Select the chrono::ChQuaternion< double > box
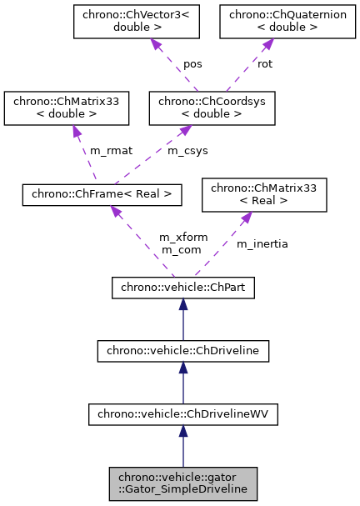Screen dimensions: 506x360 click(x=272, y=22)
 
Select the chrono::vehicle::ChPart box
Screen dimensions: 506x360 click(x=183, y=288)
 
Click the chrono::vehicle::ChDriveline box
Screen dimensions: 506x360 click(x=183, y=350)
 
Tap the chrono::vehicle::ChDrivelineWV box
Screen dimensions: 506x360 click(x=183, y=412)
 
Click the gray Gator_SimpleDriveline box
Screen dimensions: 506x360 click(x=183, y=483)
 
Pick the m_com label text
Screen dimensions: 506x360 click(x=177, y=248)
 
